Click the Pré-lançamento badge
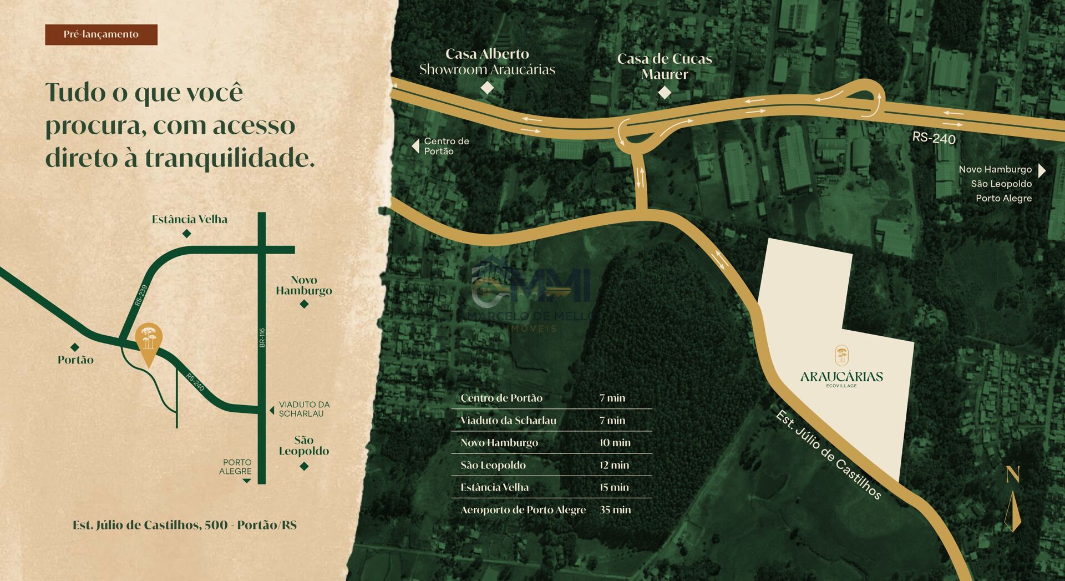coord(101,34)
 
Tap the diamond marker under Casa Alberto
coord(486,88)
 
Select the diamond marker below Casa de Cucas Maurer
coord(664,93)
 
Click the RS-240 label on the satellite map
coord(934,138)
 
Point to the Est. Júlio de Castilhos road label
coord(828,455)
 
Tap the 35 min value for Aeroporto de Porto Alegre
coord(615,509)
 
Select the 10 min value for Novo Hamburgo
coord(615,443)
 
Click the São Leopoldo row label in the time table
coord(493,465)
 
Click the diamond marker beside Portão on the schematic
coord(75,347)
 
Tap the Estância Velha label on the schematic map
coord(190,219)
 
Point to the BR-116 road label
coord(262,338)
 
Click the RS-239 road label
coord(141,295)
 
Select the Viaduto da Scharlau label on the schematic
coord(304,409)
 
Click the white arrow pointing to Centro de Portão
coord(415,146)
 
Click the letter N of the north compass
coord(1013,474)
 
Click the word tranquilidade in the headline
coord(230,158)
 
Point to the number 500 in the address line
coord(216,525)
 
